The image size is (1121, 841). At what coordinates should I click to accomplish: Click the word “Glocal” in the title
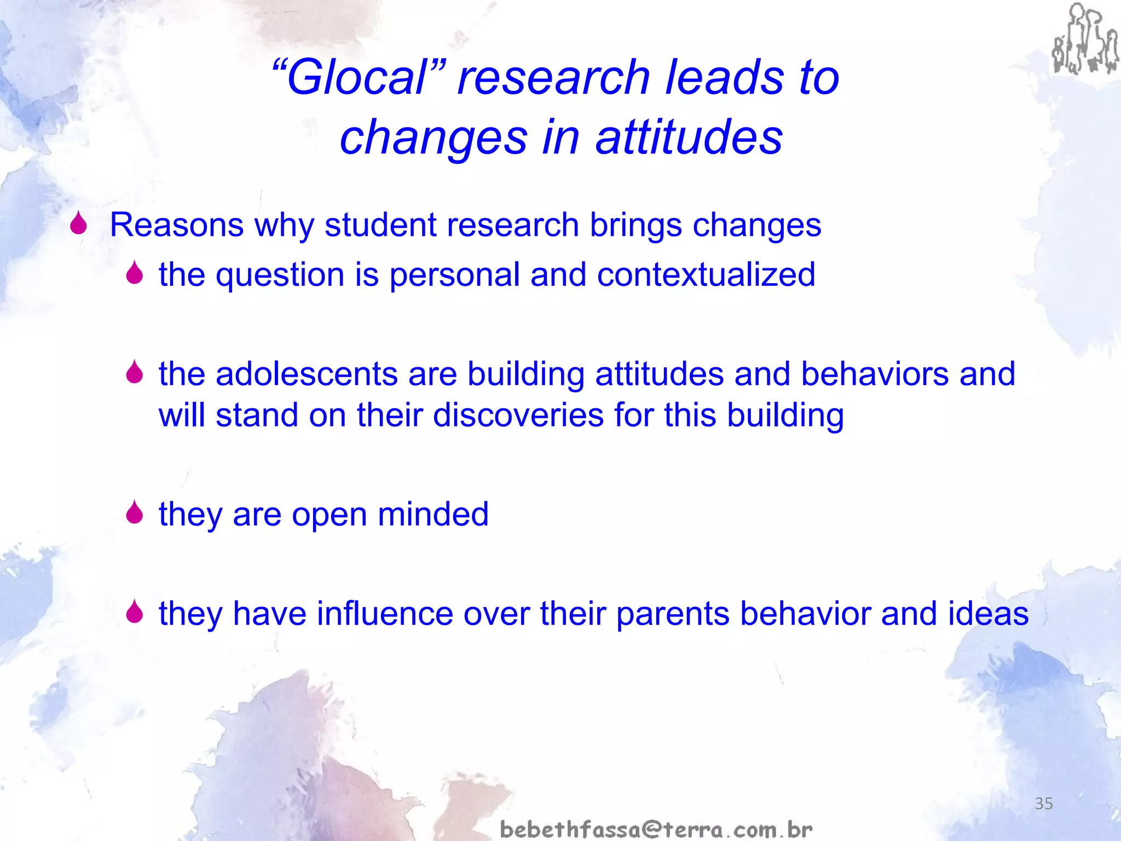[x=359, y=78]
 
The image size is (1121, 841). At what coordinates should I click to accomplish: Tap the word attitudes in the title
[x=689, y=137]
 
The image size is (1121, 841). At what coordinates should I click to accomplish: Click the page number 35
[x=1044, y=803]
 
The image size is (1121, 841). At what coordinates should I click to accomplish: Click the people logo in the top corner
[x=1084, y=39]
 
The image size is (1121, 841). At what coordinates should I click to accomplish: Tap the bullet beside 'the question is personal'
[x=134, y=273]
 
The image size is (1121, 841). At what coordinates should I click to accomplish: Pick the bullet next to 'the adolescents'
[x=134, y=372]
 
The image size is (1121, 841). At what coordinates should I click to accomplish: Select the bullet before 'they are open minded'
[x=134, y=512]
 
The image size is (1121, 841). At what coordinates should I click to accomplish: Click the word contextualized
[x=706, y=274]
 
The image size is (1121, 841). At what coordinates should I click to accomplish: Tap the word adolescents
[x=307, y=375]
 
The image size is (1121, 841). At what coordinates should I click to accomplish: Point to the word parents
[x=673, y=614]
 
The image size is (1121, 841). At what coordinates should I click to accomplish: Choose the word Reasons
[x=176, y=225]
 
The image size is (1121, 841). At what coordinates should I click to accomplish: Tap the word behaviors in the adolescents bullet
[x=874, y=375]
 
